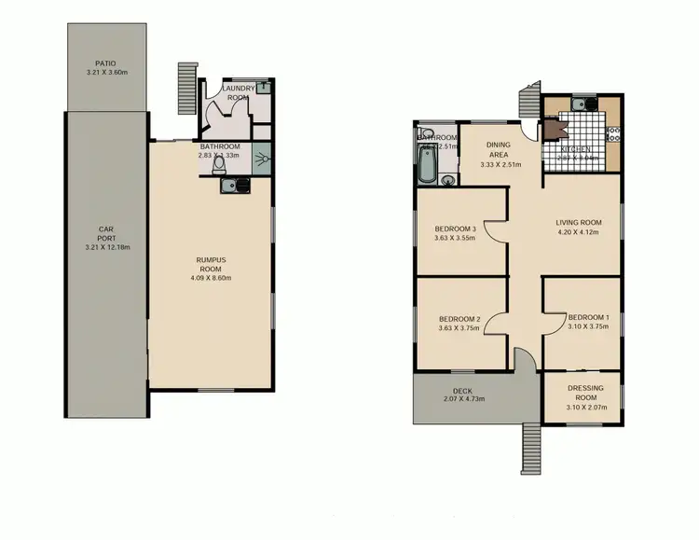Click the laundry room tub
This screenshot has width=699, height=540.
click(265, 88)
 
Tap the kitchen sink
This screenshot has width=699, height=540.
click(580, 105)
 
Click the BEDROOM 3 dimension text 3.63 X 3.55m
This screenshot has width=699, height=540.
click(456, 238)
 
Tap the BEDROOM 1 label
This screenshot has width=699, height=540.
click(588, 316)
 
